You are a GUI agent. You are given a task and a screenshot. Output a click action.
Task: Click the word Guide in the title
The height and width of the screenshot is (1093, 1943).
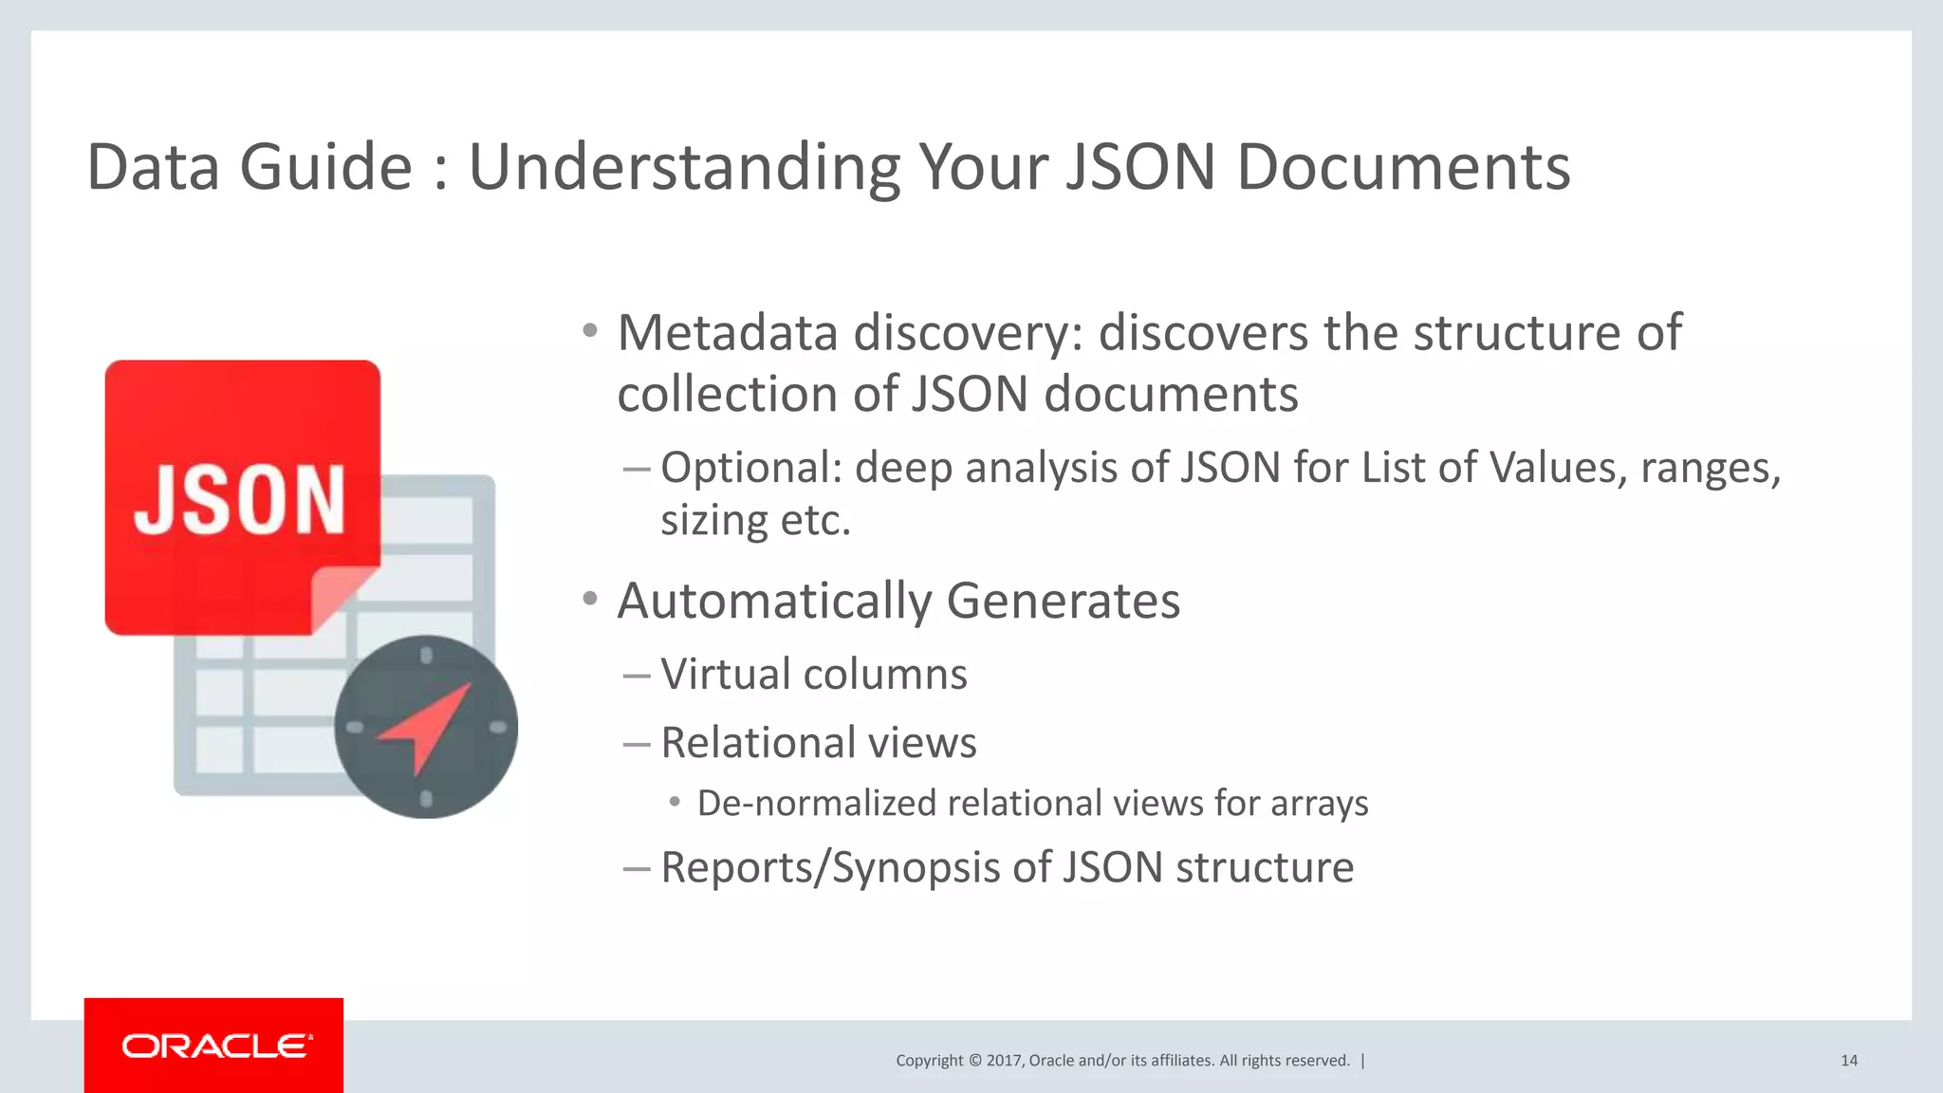[x=325, y=168]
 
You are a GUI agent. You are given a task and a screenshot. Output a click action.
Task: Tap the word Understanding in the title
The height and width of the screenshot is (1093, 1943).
[x=684, y=168]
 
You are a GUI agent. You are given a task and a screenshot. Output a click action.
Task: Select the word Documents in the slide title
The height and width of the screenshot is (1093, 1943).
[x=1403, y=168]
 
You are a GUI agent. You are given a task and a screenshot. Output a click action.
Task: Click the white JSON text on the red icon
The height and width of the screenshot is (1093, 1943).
[x=239, y=500]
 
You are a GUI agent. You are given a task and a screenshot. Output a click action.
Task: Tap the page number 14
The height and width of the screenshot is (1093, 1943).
[x=1848, y=1061]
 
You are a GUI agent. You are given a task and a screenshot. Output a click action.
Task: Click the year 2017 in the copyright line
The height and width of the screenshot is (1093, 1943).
[x=1004, y=1061]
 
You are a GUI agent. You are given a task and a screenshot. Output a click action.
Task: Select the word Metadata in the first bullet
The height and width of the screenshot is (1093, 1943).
[x=728, y=333]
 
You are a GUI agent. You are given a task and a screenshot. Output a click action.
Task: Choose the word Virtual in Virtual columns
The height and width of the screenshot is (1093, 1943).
[x=725, y=675]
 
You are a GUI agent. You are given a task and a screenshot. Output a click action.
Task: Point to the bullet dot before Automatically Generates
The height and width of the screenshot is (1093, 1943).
[x=590, y=599]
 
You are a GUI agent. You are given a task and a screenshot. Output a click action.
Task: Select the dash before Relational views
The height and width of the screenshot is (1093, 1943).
[x=636, y=744]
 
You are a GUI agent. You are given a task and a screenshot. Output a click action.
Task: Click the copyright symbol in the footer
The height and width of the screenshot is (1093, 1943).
[x=974, y=1061]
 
